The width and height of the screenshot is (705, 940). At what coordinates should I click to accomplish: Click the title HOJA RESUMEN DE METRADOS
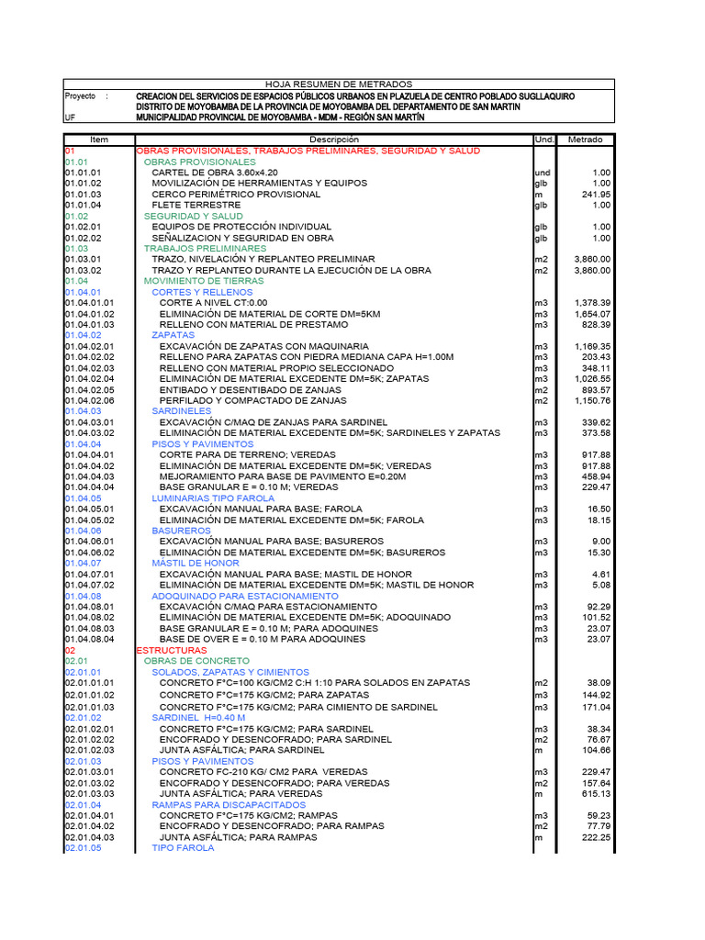[x=339, y=84]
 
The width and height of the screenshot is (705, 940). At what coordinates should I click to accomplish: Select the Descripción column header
[x=333, y=140]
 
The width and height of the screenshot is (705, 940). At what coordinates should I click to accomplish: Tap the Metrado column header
[x=586, y=140]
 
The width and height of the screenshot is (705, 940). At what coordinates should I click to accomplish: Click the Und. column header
[x=544, y=140]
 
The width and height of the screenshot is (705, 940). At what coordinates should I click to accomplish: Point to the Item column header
[x=99, y=140]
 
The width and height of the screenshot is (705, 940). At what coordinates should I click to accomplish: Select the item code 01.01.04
[x=83, y=205]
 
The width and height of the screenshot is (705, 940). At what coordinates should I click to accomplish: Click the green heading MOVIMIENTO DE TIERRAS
[x=204, y=281]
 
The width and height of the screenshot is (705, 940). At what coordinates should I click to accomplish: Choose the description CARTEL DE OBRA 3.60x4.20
[x=214, y=173]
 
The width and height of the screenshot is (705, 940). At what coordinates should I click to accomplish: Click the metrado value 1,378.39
[x=592, y=302]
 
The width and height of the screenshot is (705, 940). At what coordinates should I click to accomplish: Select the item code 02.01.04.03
[x=89, y=837]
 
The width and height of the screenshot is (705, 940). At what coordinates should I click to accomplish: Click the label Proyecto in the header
[x=80, y=96]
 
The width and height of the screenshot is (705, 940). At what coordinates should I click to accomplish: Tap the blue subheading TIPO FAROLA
[x=183, y=848]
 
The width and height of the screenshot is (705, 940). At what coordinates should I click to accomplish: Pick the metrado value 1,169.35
[x=592, y=346]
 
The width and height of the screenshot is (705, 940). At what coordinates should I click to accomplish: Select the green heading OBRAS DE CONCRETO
[x=196, y=661]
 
